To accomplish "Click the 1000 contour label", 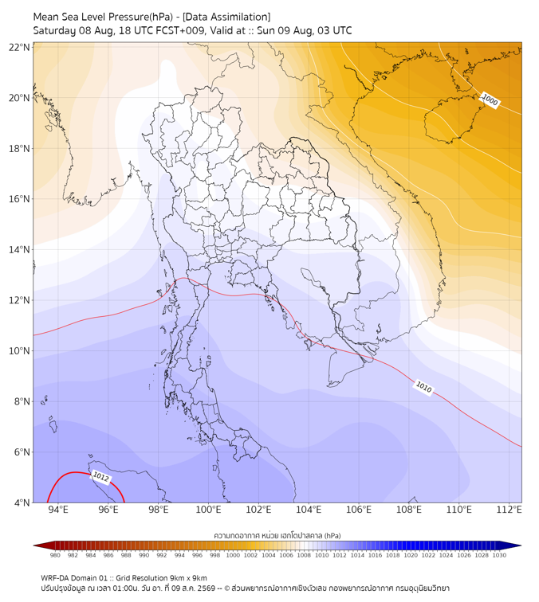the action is pyautogui.click(x=490, y=100).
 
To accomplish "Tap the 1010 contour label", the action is pyautogui.click(x=423, y=387).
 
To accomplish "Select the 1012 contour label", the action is pyautogui.click(x=101, y=477).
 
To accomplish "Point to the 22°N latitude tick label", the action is pyautogui.click(x=19, y=47).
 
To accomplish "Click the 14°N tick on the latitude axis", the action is pyautogui.click(x=19, y=249).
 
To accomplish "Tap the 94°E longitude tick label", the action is pyautogui.click(x=58, y=510).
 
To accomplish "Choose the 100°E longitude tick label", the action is pyautogui.click(x=208, y=510).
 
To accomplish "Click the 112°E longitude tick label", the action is pyautogui.click(x=509, y=510).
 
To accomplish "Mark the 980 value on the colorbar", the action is pyautogui.click(x=55, y=555).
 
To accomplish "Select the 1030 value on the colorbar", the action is pyautogui.click(x=499, y=555).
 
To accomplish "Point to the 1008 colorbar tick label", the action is pyautogui.click(x=304, y=555).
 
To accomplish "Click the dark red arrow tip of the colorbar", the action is pyautogui.click(x=34, y=545).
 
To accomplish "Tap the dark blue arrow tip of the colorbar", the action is pyautogui.click(x=521, y=545).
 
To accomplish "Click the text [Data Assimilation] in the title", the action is pyautogui.click(x=226, y=17).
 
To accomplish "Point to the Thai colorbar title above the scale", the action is pyautogui.click(x=277, y=535).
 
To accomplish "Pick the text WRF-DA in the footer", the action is pyautogui.click(x=54, y=578).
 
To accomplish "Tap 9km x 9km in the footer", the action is pyautogui.click(x=188, y=578).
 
